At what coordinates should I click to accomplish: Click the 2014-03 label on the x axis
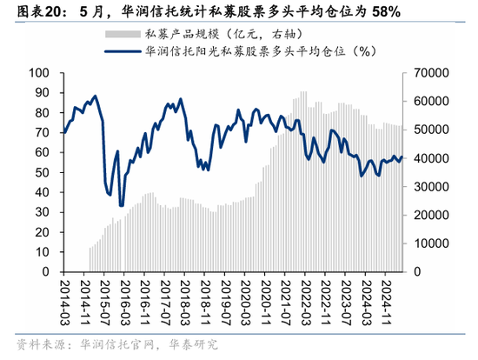[64, 301]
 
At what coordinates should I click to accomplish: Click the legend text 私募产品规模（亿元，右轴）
[212, 34]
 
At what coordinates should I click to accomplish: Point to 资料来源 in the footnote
[27, 344]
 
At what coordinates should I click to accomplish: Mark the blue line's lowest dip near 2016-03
[121, 206]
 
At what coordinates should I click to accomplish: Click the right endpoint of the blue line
[402, 157]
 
